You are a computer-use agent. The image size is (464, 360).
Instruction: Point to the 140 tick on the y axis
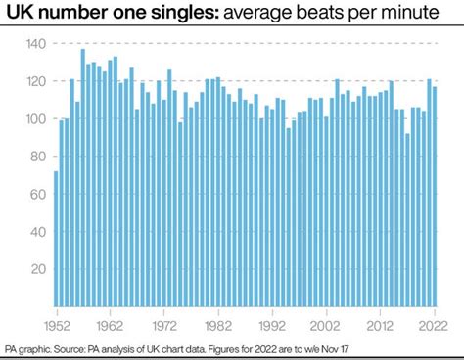point(35,45)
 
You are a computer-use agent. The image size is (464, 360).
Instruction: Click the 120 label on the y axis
point(35,82)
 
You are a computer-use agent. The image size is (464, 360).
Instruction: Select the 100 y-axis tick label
point(35,119)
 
